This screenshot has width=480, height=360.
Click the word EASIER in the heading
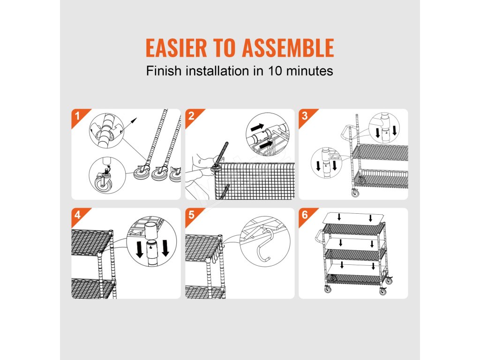(176, 48)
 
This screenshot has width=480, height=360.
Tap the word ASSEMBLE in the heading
(288, 48)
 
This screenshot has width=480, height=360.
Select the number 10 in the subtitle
(275, 71)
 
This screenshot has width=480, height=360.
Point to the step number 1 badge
(78, 116)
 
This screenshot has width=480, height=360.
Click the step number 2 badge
(192, 116)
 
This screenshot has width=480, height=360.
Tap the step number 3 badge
(305, 116)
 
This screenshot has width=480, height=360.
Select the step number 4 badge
(78, 215)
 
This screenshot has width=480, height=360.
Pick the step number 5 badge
(192, 215)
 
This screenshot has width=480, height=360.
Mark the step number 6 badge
(305, 215)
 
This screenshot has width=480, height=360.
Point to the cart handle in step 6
(318, 237)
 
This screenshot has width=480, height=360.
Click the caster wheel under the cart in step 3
(355, 193)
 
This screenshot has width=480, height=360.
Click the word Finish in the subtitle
(164, 71)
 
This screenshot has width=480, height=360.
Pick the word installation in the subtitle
(217, 71)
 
